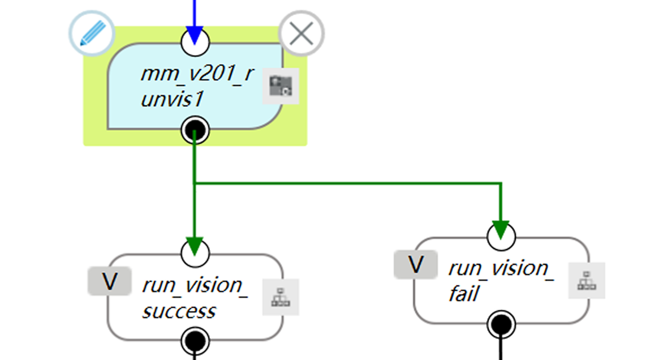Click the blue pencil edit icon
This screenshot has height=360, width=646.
click(92, 33)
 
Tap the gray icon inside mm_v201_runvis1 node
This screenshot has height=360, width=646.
click(281, 87)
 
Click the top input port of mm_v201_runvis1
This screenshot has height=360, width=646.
click(195, 41)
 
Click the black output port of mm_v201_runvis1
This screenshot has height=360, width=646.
click(195, 131)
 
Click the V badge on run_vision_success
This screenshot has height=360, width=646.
click(110, 281)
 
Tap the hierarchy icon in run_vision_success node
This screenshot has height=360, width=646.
click(281, 297)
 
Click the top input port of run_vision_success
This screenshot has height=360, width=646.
click(195, 253)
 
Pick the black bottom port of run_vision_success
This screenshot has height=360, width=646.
click(195, 341)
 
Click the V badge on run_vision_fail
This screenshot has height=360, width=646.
click(416, 264)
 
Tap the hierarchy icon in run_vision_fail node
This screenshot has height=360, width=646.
click(586, 280)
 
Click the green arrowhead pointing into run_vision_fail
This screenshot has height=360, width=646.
click(501, 229)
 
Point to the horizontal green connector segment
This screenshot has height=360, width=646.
click(348, 183)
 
